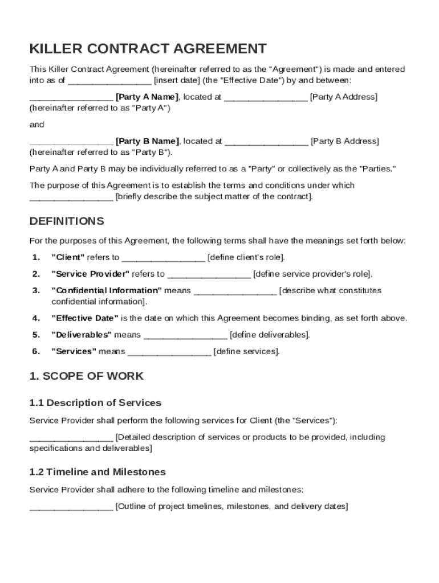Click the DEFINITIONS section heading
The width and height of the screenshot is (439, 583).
(67, 221)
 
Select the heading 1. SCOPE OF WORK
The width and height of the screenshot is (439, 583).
(87, 376)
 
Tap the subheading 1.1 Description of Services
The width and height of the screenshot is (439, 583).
(95, 403)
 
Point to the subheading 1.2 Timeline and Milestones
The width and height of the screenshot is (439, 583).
(97, 472)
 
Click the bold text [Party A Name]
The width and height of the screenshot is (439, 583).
(147, 97)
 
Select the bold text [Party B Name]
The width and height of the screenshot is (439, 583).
(147, 141)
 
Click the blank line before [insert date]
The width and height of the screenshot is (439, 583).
(109, 81)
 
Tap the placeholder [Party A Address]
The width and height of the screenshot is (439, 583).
(343, 97)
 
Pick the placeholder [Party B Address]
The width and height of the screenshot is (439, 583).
(344, 141)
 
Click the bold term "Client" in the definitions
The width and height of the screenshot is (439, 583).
(68, 257)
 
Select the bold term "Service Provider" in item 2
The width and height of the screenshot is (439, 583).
(91, 274)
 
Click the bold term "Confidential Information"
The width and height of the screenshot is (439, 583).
(107, 290)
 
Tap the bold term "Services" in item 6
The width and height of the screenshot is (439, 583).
(74, 351)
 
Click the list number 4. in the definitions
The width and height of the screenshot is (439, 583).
(36, 318)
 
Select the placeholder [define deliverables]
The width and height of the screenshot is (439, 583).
(270, 335)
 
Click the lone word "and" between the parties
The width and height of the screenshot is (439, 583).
(36, 125)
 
